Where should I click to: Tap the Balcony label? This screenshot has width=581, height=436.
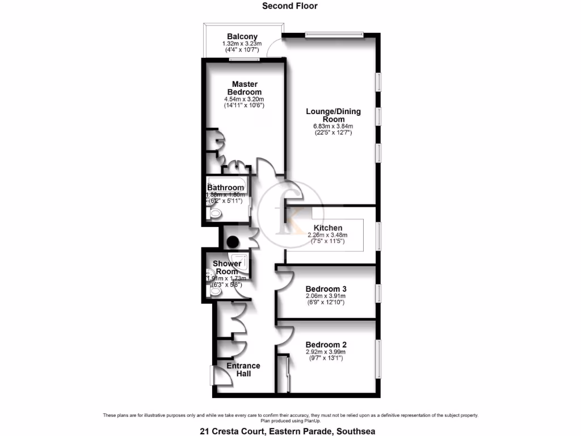[242, 37]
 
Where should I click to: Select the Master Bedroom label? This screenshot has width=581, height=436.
[245, 88]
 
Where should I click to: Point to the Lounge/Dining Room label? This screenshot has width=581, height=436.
[333, 115]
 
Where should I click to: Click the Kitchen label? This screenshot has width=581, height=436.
[325, 228]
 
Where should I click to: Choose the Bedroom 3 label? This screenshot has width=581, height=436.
[326, 289]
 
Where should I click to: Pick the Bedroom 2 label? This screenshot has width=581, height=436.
[326, 345]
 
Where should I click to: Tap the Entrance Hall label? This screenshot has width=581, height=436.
[243, 370]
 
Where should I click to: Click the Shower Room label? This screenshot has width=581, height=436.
[227, 267]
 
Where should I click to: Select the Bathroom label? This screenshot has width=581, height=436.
[225, 187]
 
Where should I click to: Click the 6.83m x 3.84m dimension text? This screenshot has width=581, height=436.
[333, 126]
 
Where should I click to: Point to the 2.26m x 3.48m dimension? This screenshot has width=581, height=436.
[327, 235]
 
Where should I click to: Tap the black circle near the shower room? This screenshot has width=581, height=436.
[232, 242]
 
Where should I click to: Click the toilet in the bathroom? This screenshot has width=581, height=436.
[215, 213]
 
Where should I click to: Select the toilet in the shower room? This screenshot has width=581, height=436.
[214, 291]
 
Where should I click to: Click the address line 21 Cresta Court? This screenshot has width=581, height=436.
[287, 431]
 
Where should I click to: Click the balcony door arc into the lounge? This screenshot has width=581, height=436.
[275, 47]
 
